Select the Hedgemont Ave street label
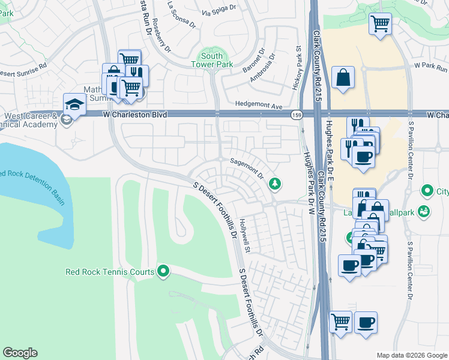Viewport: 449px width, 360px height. [259, 106]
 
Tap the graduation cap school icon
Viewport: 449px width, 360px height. [75, 104]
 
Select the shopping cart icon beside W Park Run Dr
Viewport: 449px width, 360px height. [380, 24]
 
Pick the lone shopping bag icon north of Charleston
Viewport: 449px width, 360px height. [343, 77]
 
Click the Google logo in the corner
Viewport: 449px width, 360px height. [20, 353]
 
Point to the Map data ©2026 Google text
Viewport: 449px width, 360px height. [411, 355]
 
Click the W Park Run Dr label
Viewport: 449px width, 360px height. [430, 64]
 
